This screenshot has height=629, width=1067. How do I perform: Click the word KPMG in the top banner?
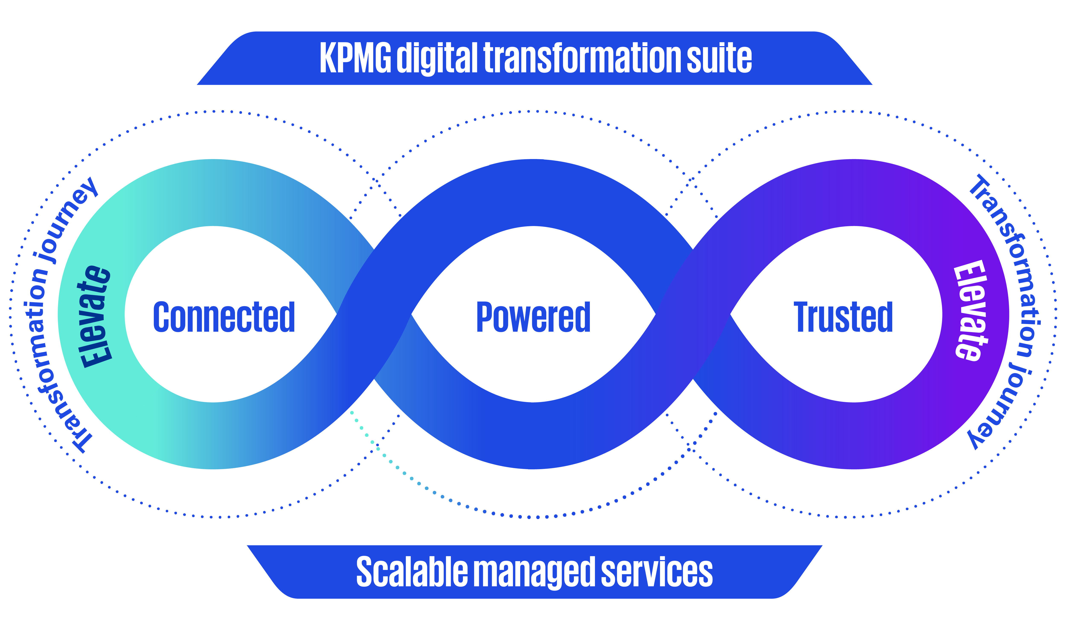tap(355, 58)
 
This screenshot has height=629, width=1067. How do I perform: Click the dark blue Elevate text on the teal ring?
tap(95, 316)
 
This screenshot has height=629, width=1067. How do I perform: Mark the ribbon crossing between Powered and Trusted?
tap(693, 315)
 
